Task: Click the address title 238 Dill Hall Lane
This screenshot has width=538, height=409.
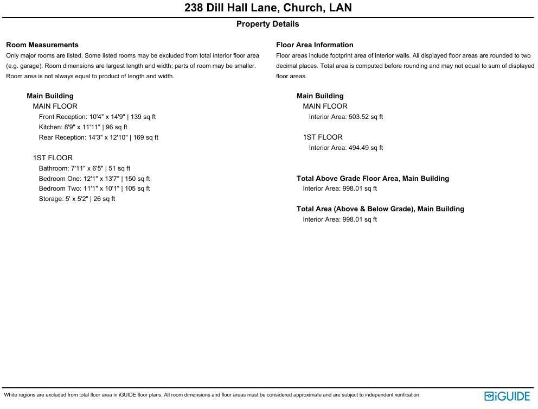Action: click(268, 8)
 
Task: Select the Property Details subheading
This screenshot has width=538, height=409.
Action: click(267, 24)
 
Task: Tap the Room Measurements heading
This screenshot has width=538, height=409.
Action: click(42, 45)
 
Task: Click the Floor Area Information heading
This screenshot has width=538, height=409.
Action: click(315, 45)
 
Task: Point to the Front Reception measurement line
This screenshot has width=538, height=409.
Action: click(97, 117)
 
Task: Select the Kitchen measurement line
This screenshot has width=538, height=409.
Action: click(83, 127)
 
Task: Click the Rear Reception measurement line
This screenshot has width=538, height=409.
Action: click(98, 137)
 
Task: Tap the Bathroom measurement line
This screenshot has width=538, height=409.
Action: click(84, 168)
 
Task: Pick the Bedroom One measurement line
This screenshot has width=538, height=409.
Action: click(94, 179)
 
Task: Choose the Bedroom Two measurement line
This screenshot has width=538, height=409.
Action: click(94, 188)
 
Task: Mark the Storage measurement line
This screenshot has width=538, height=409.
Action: click(76, 199)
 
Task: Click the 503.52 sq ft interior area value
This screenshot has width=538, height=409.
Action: click(365, 117)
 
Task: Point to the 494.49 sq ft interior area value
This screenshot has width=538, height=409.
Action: click(365, 148)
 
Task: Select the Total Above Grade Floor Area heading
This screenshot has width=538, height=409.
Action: click(373, 179)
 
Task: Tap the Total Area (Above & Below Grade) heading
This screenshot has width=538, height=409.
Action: click(380, 209)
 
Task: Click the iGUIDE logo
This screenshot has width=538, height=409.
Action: click(507, 397)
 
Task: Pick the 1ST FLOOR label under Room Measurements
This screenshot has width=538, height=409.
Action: click(53, 158)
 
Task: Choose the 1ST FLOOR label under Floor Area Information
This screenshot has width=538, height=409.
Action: click(323, 137)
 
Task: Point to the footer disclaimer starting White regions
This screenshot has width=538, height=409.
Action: click(212, 395)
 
